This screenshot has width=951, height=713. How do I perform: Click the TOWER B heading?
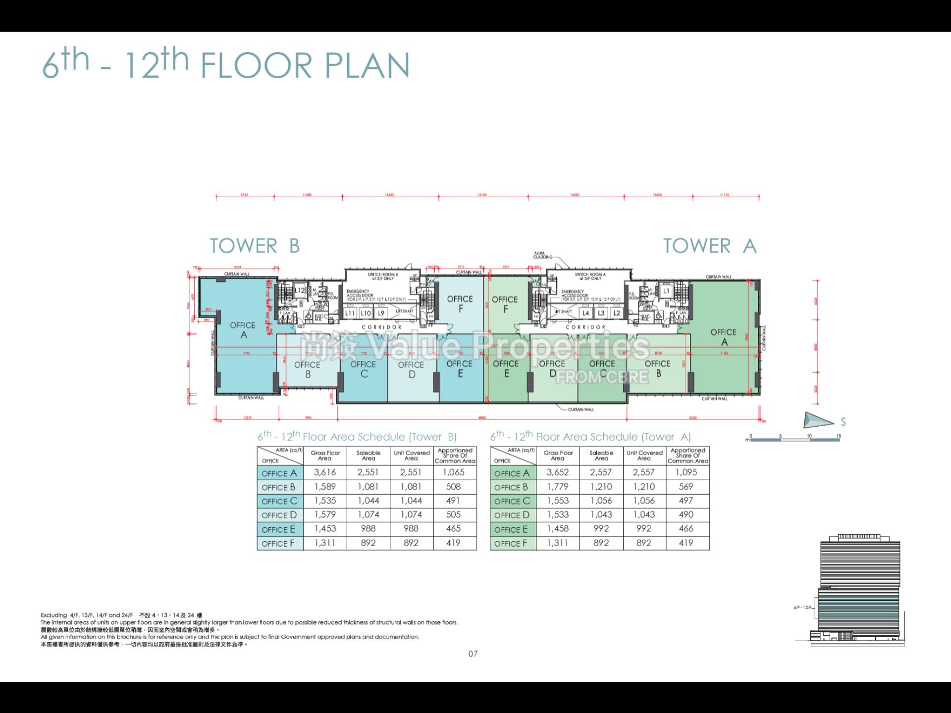pyautogui.click(x=255, y=246)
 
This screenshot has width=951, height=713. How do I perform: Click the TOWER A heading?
pyautogui.click(x=709, y=246)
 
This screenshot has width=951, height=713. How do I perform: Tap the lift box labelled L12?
pyautogui.click(x=300, y=291)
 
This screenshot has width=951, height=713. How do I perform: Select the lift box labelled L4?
pyautogui.click(x=585, y=313)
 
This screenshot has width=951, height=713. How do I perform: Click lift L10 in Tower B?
pyautogui.click(x=366, y=313)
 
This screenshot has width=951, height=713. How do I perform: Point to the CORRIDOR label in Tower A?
pyautogui.click(x=585, y=327)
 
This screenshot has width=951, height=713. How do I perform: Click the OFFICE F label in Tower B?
pyautogui.click(x=460, y=304)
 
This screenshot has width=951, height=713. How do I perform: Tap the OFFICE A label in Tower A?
pyautogui.click(x=723, y=337)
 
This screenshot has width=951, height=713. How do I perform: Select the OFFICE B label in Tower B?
pyautogui.click(x=307, y=369)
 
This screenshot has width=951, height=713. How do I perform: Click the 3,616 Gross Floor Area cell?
pyautogui.click(x=324, y=472)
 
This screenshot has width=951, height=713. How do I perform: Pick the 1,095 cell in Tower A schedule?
pyautogui.click(x=686, y=472)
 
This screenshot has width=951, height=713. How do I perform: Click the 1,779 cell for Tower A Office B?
pyautogui.click(x=558, y=487)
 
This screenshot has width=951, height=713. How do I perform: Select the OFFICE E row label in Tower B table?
pyautogui.click(x=279, y=529)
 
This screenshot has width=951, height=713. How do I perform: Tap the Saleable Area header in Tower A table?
pyautogui.click(x=601, y=456)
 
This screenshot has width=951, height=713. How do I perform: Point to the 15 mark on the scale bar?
pyautogui.click(x=839, y=436)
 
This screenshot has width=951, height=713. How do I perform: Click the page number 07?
pyautogui.click(x=473, y=654)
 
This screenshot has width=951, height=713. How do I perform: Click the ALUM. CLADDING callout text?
pyautogui.click(x=542, y=255)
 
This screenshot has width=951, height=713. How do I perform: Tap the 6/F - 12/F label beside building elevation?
pyautogui.click(x=802, y=608)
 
